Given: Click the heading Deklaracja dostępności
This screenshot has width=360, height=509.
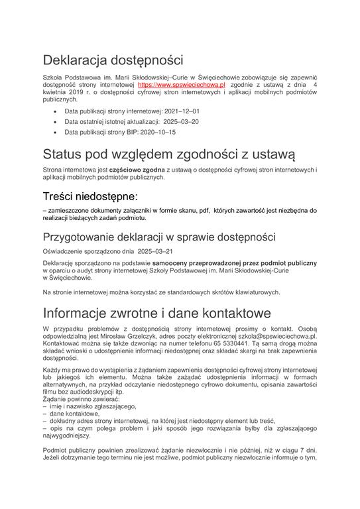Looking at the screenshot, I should pos(112,61).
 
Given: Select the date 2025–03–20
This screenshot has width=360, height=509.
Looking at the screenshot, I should pos(180,123).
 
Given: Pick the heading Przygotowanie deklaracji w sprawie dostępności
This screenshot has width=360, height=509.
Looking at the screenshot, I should pos(158,237).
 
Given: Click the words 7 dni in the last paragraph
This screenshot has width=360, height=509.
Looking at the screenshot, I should pos(305,468).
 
